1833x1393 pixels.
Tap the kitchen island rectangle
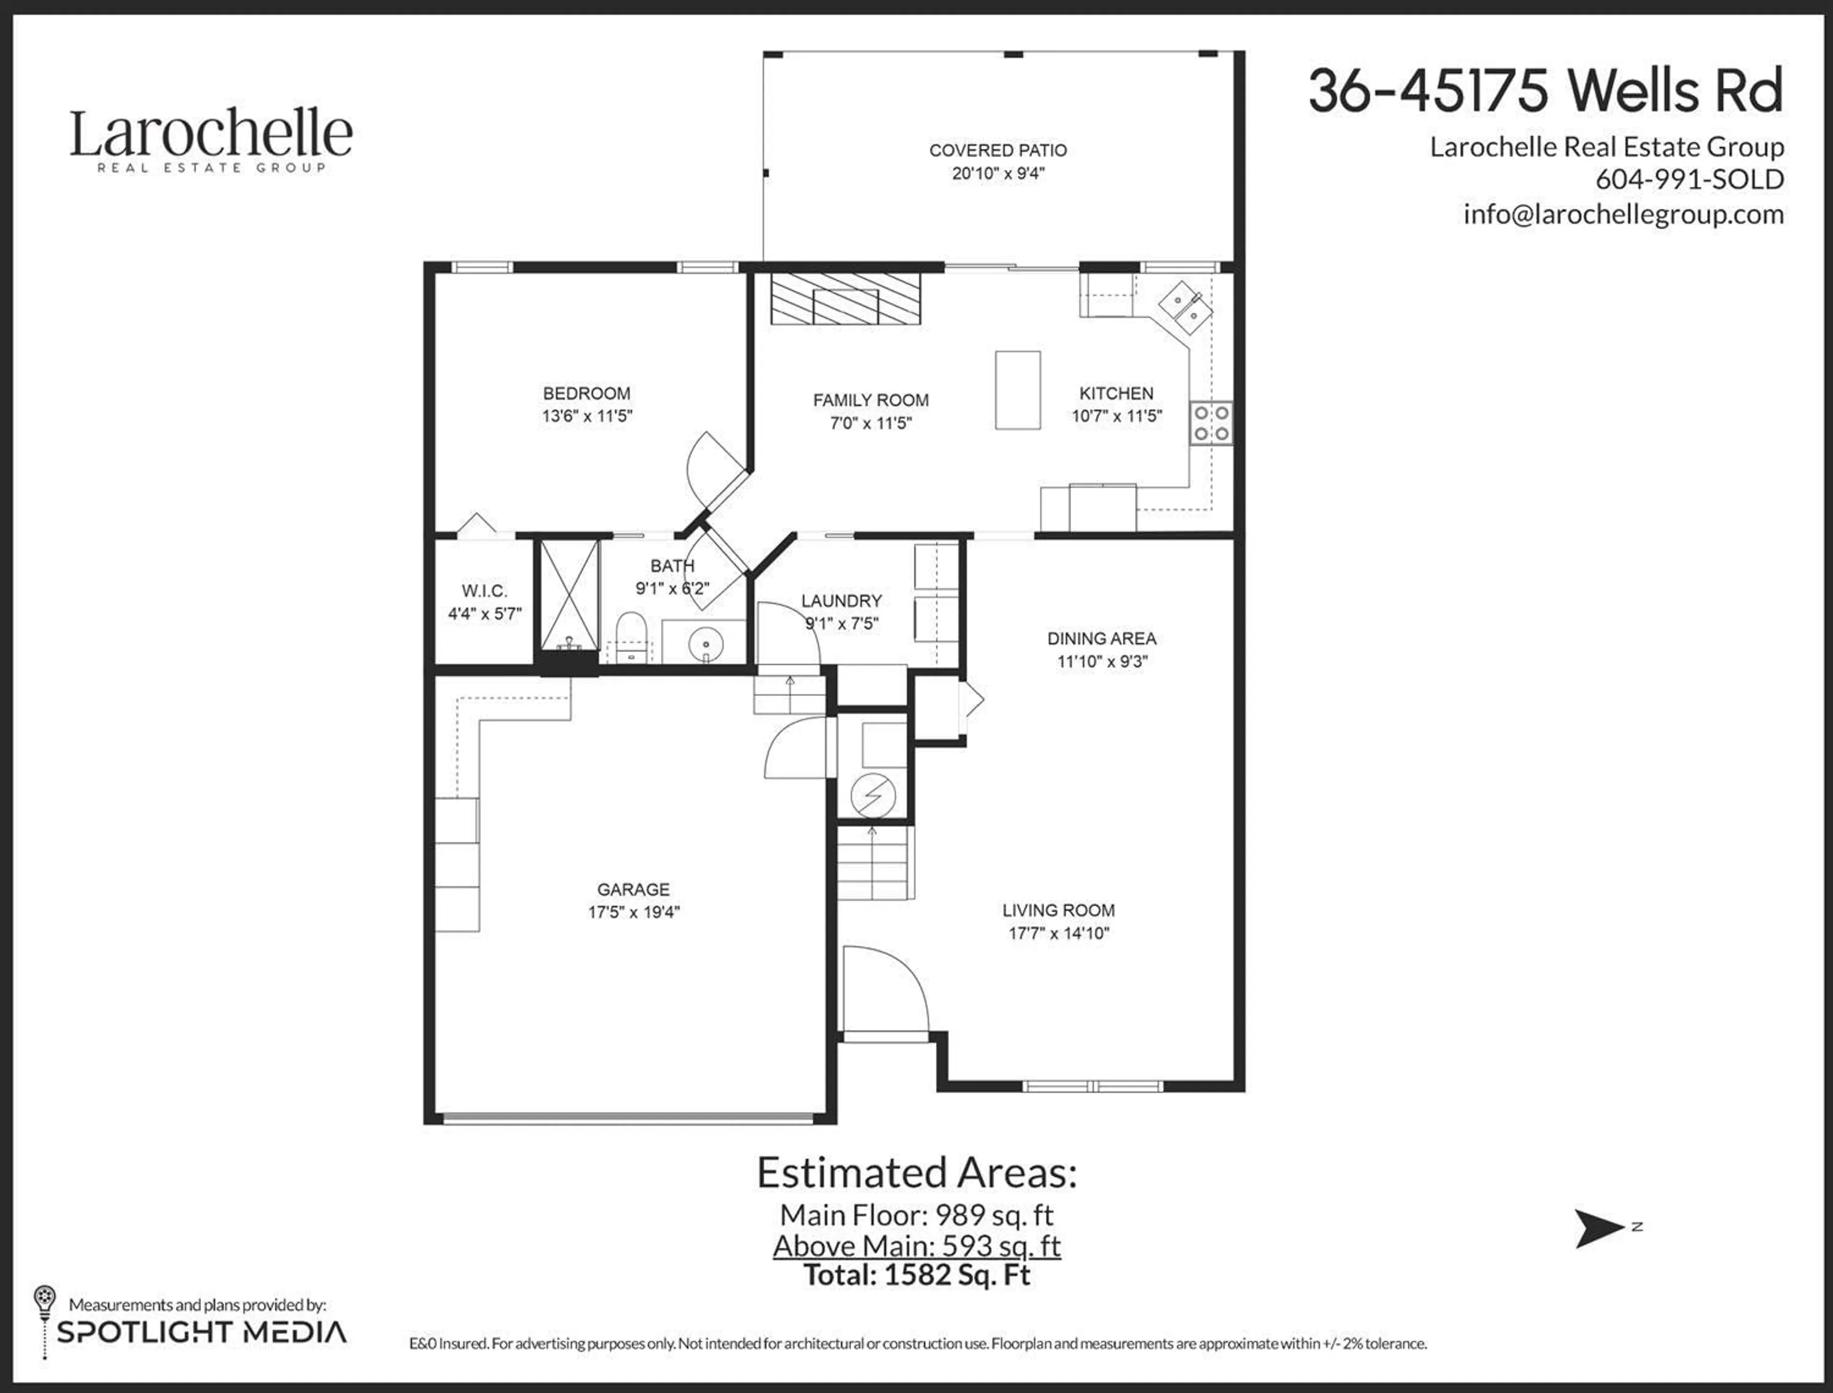point(1017,390)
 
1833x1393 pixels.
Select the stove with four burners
point(1211,423)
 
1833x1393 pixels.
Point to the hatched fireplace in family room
point(845,298)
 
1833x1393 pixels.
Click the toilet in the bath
point(632,637)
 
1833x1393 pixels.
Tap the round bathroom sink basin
point(706,644)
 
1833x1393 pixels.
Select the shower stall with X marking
point(569,595)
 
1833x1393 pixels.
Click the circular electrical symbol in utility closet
point(873,795)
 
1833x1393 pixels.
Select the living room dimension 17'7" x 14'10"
point(1059,933)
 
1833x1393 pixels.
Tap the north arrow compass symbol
point(1598,1228)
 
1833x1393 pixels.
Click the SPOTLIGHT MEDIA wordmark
point(201,1331)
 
